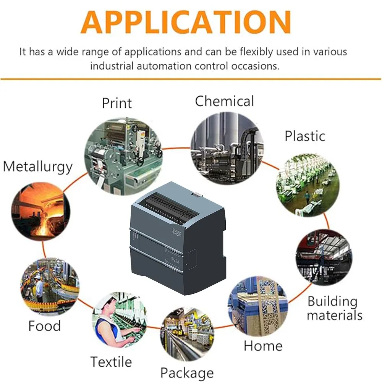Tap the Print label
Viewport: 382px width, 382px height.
coord(117,103)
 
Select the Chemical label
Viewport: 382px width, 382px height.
coord(224,101)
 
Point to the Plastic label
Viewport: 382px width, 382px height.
coord(305,136)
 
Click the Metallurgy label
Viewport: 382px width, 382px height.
coord(37,167)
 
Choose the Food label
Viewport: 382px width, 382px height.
coord(44,326)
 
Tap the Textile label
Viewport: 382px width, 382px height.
coord(111,361)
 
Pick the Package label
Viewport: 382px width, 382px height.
coord(187,372)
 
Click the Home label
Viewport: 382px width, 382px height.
coord(263,346)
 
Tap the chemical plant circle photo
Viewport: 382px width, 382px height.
coord(227,147)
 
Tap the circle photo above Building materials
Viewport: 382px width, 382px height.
coord(324,257)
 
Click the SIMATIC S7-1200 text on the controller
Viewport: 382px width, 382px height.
coord(176,232)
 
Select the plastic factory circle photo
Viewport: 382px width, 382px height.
coord(308,185)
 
